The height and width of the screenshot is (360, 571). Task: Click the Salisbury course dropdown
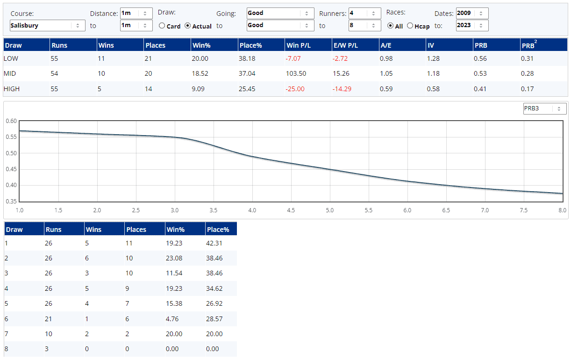coord(47,26)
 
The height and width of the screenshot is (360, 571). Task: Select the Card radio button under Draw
coord(162,26)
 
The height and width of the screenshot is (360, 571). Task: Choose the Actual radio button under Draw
coord(188,26)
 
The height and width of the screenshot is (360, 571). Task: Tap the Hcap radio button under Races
coord(410,26)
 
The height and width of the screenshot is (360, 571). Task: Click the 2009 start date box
coord(472,13)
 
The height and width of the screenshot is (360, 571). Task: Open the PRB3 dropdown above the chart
coord(544,108)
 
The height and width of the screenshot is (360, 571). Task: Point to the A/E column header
coord(385,45)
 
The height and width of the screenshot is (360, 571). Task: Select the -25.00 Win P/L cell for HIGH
coord(295,89)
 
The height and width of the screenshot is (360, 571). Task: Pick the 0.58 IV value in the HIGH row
coord(433,89)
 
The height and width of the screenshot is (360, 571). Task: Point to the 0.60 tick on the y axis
coord(11,121)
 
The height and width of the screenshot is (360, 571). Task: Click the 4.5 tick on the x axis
coord(291,210)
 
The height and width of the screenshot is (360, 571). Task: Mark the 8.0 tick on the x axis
coord(562,210)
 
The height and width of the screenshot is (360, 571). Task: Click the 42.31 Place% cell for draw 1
coord(214,243)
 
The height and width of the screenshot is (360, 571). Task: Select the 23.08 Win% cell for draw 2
coord(174,258)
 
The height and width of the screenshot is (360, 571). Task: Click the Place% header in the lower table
coord(217,230)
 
